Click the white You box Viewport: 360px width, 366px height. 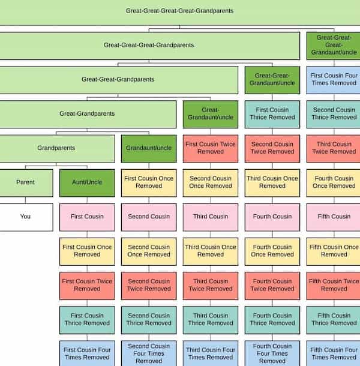click(x=25, y=217)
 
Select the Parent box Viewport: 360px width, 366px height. click(x=25, y=182)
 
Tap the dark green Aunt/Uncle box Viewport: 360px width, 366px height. click(x=87, y=182)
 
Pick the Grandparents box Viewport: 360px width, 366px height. click(x=57, y=148)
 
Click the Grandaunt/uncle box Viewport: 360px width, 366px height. click(x=149, y=148)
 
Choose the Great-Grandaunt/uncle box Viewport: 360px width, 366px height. click(x=211, y=113)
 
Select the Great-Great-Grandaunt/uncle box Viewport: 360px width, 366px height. click(x=272, y=79)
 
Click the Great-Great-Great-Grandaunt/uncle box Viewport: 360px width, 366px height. click(x=334, y=45)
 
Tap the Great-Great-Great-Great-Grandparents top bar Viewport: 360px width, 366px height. click(x=180, y=11)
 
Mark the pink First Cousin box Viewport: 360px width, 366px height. click(x=87, y=217)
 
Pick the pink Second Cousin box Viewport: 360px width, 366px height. click(x=149, y=217)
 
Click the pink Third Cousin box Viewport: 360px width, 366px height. click(x=211, y=217)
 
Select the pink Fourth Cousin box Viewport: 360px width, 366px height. click(x=272, y=217)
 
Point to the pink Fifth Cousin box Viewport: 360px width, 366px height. click(x=334, y=217)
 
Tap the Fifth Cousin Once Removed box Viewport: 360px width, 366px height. click(x=334, y=251)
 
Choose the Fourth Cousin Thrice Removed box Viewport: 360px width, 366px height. click(x=272, y=319)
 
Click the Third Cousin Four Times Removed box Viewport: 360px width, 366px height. click(x=211, y=353)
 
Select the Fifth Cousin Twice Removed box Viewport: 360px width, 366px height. click(x=334, y=285)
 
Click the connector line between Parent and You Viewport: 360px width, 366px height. click(x=25, y=200)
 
